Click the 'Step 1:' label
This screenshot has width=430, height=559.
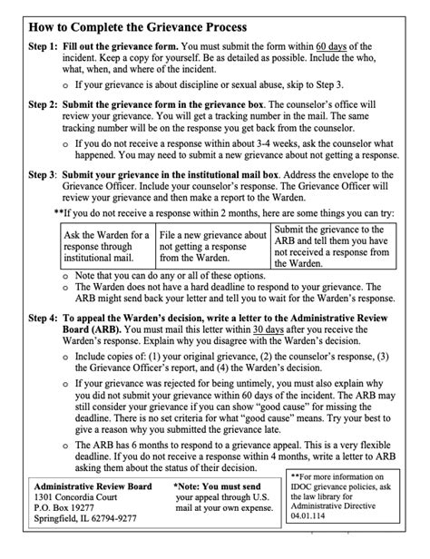coord(43,46)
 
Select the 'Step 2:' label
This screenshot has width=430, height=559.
coord(43,105)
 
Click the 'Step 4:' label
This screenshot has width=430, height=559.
coord(43,319)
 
